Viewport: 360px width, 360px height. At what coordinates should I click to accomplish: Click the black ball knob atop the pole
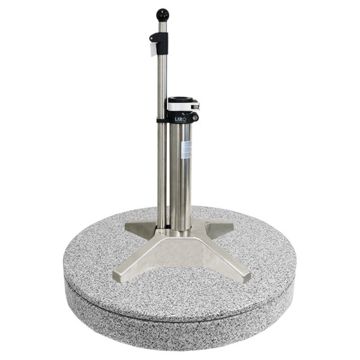point(163,14)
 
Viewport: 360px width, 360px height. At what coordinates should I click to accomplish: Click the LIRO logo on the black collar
point(180,119)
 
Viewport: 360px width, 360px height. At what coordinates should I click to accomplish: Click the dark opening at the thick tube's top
point(179,99)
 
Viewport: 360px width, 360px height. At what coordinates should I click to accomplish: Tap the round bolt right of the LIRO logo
point(195,118)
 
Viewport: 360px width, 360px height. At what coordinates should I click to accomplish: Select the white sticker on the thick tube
point(185,149)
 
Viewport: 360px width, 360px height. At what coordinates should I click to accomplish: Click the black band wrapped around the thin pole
point(161,120)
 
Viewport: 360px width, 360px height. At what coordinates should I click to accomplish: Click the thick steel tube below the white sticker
point(181,192)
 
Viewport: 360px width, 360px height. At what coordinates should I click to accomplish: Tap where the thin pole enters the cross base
point(161,227)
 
